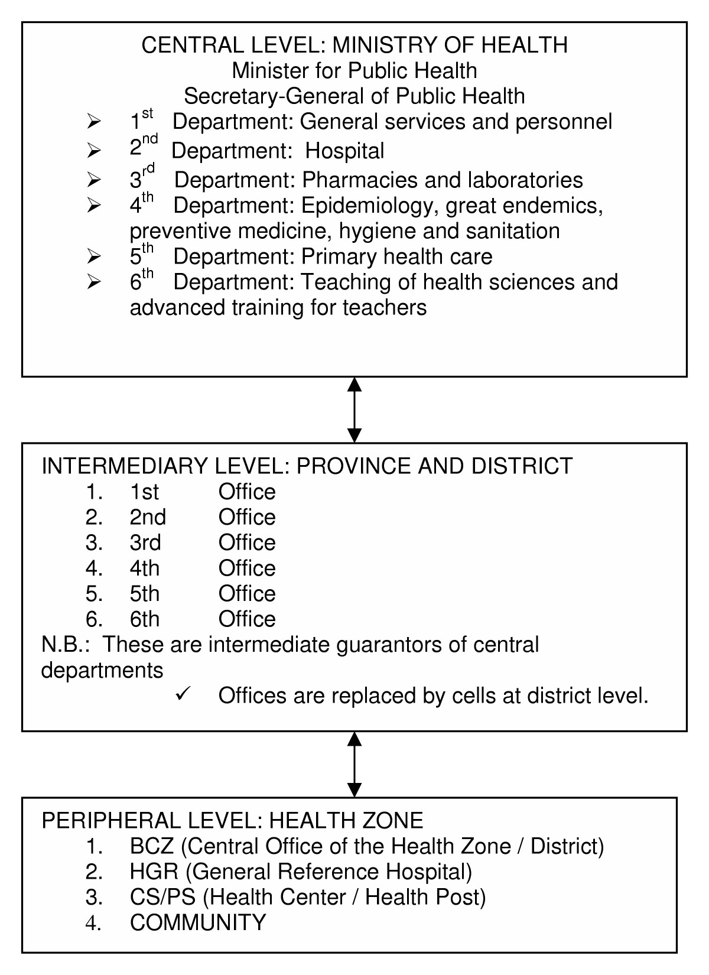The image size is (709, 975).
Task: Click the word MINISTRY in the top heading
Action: (380, 45)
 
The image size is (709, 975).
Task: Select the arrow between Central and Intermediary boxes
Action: (354, 409)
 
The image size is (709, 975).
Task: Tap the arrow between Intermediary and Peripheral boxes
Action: (354, 764)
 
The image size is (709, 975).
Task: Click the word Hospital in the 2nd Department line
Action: (344, 151)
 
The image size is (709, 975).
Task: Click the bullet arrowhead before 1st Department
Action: (94, 122)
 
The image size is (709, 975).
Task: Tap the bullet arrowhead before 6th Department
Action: (94, 282)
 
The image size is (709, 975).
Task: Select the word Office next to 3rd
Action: (247, 542)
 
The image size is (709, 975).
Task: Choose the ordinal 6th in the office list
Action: (145, 619)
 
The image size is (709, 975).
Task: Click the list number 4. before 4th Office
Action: (94, 568)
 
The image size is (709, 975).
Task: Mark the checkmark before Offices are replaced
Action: (182, 695)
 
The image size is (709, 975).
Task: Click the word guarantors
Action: (389, 644)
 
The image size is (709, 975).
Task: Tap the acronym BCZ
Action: (152, 846)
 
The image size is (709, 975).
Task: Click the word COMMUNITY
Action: (198, 922)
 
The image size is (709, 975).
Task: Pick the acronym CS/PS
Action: (162, 897)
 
